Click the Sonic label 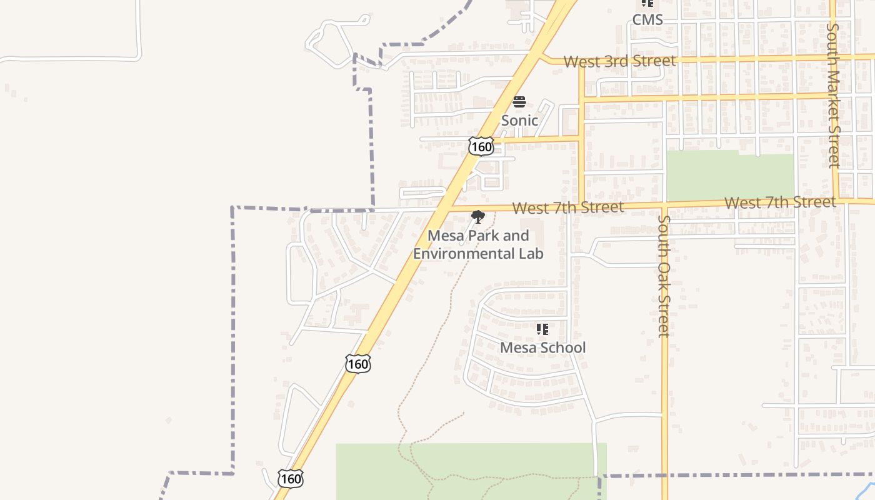point(519,120)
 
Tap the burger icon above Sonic point(519,102)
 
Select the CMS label point(647,19)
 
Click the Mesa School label point(543,347)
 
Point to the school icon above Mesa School point(542,329)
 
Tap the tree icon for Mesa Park point(478,217)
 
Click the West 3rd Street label point(619,61)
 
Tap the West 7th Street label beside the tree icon point(567,207)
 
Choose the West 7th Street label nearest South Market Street point(780,202)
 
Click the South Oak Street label point(664,276)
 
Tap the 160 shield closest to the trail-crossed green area point(291,479)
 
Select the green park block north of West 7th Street point(729,176)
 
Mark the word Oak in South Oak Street point(664,274)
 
